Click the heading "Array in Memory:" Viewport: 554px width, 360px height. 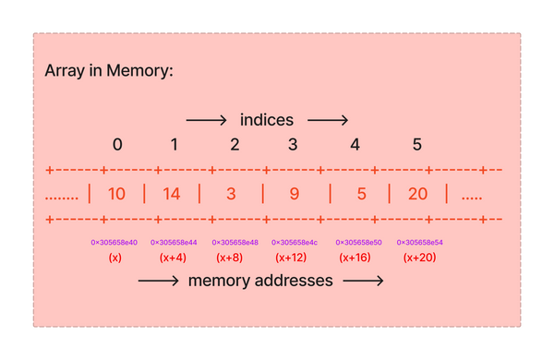tap(109, 71)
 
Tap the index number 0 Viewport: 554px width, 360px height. tap(117, 144)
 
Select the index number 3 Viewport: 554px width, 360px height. tap(293, 144)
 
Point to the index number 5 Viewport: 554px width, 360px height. tap(417, 144)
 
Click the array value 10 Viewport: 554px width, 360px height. tap(117, 194)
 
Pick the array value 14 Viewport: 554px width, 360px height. tap(172, 194)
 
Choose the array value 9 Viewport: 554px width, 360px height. tap(294, 194)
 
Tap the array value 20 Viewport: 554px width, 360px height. tap(416, 194)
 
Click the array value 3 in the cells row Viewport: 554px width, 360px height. tap(232, 194)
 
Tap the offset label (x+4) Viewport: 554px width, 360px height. tap(173, 258)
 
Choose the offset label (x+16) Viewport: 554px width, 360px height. tap(355, 258)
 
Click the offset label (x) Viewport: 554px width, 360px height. tap(114, 258)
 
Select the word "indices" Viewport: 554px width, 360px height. tap(267, 120)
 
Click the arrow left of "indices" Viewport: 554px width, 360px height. tap(206, 120)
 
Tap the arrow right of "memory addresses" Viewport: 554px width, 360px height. tap(362, 282)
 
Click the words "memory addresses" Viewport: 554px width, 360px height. tap(260, 282)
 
